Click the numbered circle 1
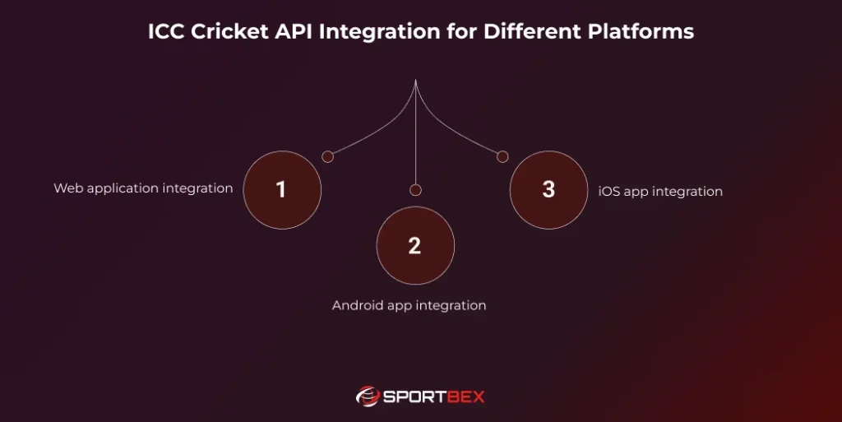pos(282,190)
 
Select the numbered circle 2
pos(415,246)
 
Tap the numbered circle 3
pos(548,190)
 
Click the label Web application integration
pos(143,188)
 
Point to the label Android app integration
pos(409,305)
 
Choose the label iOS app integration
pos(660,192)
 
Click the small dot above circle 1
pos(327,156)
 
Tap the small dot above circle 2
pos(415,190)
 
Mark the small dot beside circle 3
pos(502,156)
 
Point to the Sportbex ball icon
pos(367,396)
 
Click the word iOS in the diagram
pos(608,192)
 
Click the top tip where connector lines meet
pos(415,81)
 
